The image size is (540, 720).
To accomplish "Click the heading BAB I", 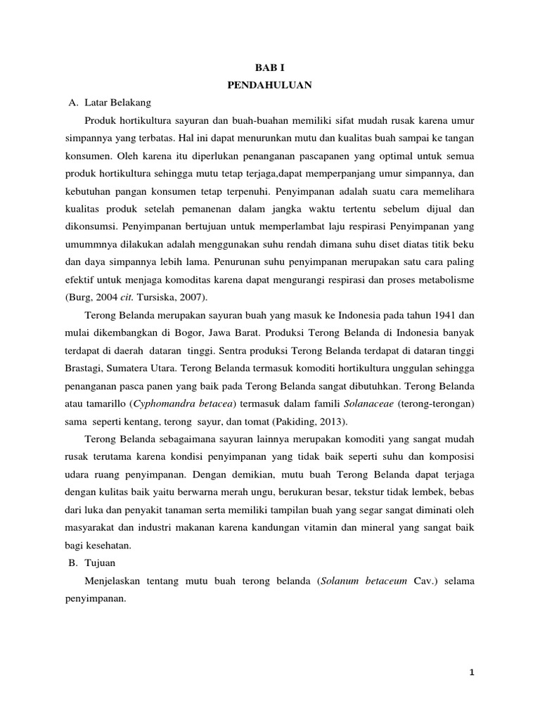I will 270,70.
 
